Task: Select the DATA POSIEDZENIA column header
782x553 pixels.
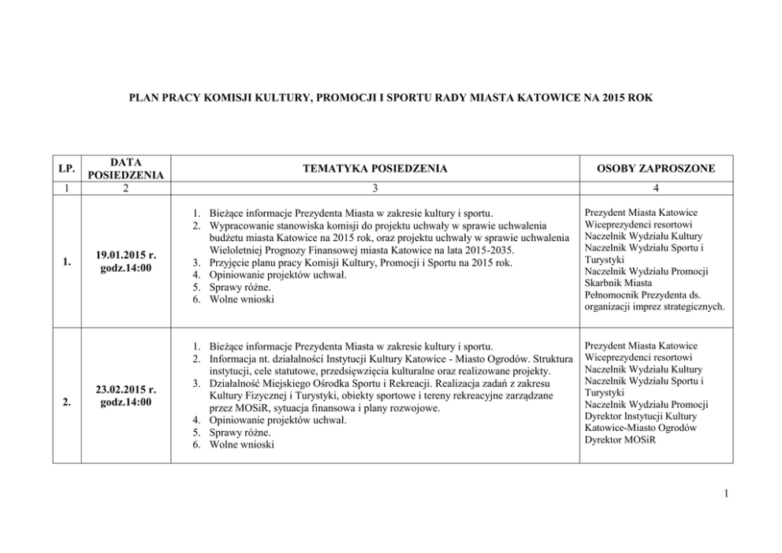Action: click(126, 169)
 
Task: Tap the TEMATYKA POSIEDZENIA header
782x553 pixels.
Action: click(375, 169)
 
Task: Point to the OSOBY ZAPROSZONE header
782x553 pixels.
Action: click(656, 169)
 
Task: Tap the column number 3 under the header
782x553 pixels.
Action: click(375, 188)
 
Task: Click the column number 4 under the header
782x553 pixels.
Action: click(656, 188)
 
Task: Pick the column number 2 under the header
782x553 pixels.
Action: click(126, 188)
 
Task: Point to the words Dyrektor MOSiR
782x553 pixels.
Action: click(621, 440)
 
